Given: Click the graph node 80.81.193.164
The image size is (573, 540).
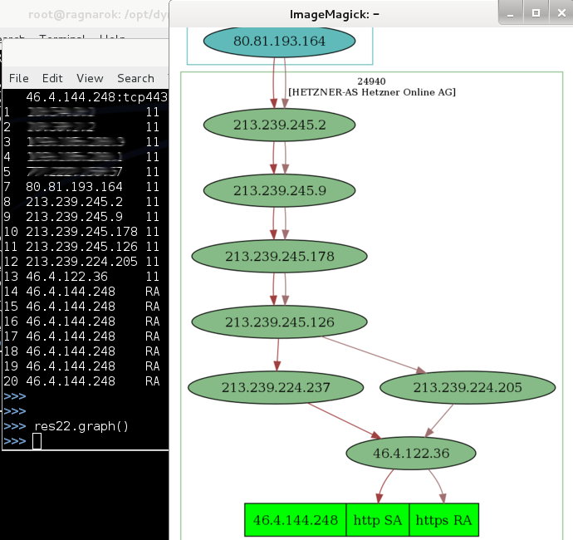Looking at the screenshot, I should pyautogui.click(x=279, y=40).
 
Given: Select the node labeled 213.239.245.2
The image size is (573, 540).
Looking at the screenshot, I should pyautogui.click(x=279, y=125).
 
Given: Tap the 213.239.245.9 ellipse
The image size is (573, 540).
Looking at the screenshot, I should pyautogui.click(x=279, y=190).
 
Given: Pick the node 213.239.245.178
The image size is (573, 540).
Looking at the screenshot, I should pyautogui.click(x=279, y=257).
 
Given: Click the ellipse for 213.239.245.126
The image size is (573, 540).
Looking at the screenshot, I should pyautogui.click(x=279, y=322).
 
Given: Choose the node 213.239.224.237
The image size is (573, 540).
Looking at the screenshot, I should pyautogui.click(x=276, y=387).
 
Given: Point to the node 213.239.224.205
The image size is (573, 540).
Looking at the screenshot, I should pyautogui.click(x=468, y=387).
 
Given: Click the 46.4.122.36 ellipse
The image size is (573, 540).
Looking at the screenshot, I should pyautogui.click(x=410, y=454).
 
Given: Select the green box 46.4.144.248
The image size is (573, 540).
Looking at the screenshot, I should pyautogui.click(x=296, y=520).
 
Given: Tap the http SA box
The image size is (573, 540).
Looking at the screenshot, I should pyautogui.click(x=377, y=520).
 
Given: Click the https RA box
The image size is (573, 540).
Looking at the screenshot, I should pyautogui.click(x=443, y=520).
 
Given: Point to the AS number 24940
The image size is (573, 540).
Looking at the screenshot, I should pyautogui.click(x=371, y=81).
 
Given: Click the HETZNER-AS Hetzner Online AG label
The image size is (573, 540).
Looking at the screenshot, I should pyautogui.click(x=371, y=92).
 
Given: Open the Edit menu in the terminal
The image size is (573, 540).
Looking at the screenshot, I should pyautogui.click(x=52, y=78).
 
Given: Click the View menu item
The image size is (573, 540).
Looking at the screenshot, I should pyautogui.click(x=90, y=78).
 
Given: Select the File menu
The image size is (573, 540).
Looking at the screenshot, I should pyautogui.click(x=18, y=78).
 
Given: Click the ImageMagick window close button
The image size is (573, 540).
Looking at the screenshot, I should pyautogui.click(x=559, y=13).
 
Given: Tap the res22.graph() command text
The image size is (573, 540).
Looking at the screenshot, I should pyautogui.click(x=81, y=426).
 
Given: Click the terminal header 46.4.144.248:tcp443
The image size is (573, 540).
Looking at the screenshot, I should pyautogui.click(x=96, y=97).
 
